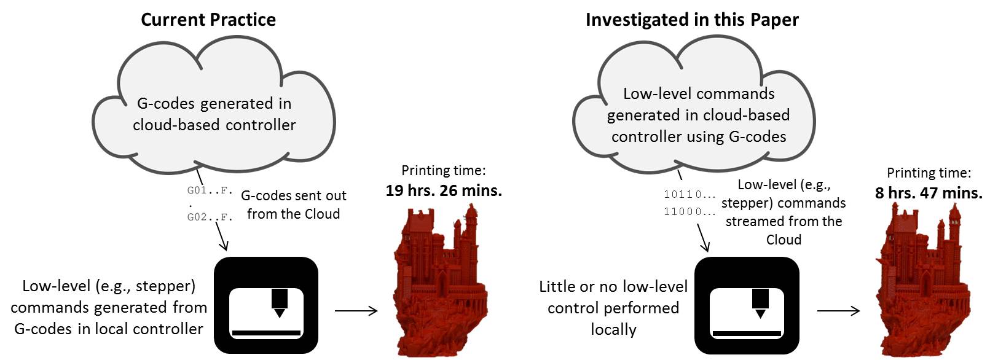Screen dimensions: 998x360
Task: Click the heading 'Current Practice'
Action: click(x=208, y=20)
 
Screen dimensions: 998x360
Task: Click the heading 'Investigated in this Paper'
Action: click(x=692, y=20)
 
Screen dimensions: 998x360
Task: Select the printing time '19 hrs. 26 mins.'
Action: click(x=444, y=190)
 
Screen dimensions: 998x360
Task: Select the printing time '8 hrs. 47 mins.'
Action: click(x=929, y=193)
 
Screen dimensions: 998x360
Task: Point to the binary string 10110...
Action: click(x=689, y=194)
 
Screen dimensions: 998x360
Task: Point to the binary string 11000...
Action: click(x=689, y=211)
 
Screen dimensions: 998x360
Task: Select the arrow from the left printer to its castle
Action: click(x=356, y=310)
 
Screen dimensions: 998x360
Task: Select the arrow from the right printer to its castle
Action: click(x=838, y=310)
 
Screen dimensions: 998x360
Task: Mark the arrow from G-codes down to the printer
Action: click(x=221, y=237)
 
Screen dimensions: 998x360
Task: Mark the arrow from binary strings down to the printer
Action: click(x=703, y=238)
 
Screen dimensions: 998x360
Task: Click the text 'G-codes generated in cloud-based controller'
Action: click(x=214, y=114)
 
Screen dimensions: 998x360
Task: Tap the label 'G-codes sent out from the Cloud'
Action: click(x=294, y=205)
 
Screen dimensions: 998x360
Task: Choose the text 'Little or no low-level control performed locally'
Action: click(x=613, y=308)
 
